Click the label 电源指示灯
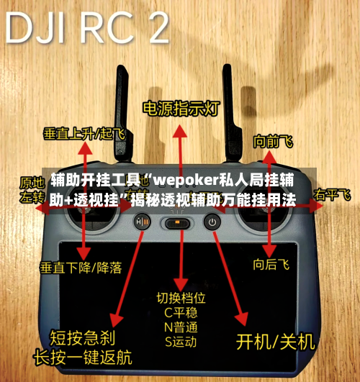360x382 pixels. tap(180, 109)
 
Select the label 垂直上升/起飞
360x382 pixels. tap(84, 133)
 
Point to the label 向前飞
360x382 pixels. tap(273, 142)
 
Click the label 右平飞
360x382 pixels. tap(332, 195)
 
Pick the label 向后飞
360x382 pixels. tap(271, 265)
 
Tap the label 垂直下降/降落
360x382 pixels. tap(80, 267)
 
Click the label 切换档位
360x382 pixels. tap(181, 297)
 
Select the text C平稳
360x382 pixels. tap(181, 312)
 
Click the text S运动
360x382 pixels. tap(181, 342)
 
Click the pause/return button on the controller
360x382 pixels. tap(141, 223)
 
